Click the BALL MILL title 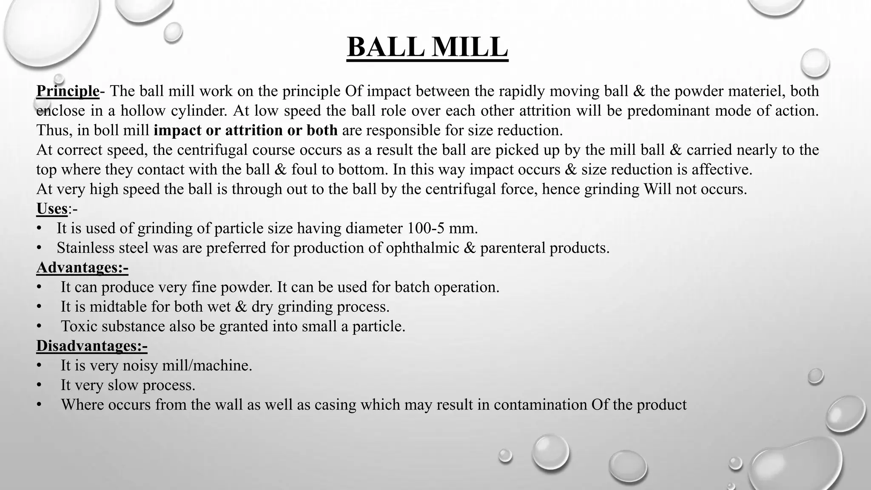pyautogui.click(x=427, y=47)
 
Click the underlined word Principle pyautogui.click(x=68, y=91)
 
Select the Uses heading pyautogui.click(x=52, y=209)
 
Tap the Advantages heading pyautogui.click(x=82, y=268)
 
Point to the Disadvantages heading pyautogui.click(x=91, y=346)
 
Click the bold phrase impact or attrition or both pyautogui.click(x=245, y=130)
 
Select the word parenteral pyautogui.click(x=512, y=248)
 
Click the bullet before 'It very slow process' pyautogui.click(x=39, y=385)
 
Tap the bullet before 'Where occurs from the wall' pyautogui.click(x=39, y=405)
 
